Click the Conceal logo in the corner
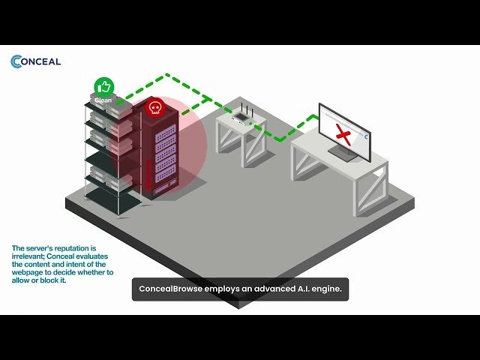(35, 61)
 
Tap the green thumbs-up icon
(104, 87)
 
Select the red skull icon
(155, 107)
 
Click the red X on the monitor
(343, 135)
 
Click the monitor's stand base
(342, 154)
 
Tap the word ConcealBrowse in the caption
(170, 289)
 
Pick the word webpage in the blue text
(27, 272)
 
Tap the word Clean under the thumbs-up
(103, 100)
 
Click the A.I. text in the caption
(303, 289)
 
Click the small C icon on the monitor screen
(366, 137)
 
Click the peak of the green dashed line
(166, 74)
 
